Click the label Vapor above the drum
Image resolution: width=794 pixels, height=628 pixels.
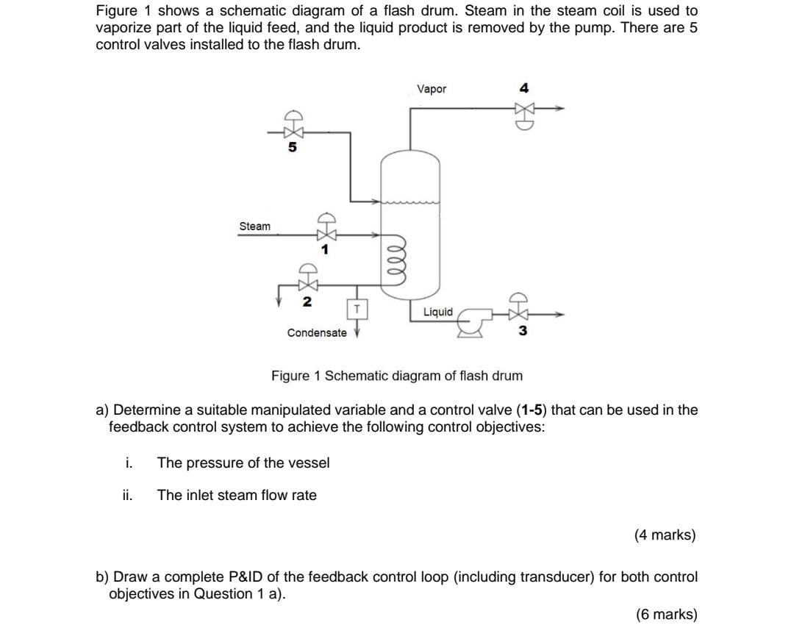pyautogui.click(x=432, y=89)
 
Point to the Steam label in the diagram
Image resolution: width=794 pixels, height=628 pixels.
pyautogui.click(x=254, y=226)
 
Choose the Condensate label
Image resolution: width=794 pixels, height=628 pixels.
pyautogui.click(x=317, y=332)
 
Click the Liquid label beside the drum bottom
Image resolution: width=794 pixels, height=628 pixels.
pyautogui.click(x=438, y=312)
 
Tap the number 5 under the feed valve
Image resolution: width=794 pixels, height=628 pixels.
pyautogui.click(x=293, y=147)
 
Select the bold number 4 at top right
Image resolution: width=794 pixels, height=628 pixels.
pyautogui.click(x=523, y=88)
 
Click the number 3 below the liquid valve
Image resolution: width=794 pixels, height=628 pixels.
pyautogui.click(x=523, y=331)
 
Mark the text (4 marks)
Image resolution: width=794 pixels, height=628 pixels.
pyautogui.click(x=665, y=535)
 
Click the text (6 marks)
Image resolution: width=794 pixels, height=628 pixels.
pyautogui.click(x=665, y=614)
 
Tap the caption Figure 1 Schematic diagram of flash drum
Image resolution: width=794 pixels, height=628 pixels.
pyautogui.click(x=397, y=376)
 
